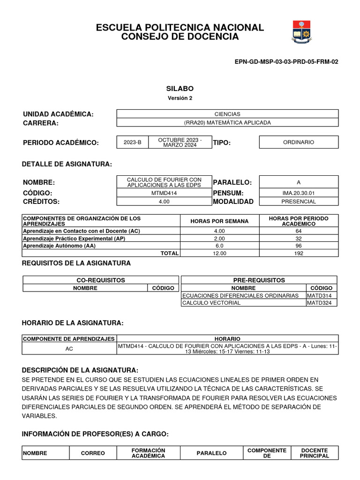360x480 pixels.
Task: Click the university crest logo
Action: pyautogui.click(x=301, y=31)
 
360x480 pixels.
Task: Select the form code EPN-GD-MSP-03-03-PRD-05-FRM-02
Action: pyautogui.click(x=286, y=61)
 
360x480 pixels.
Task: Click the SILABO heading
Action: pyautogui.click(x=180, y=89)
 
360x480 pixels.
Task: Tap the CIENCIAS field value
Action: pyautogui.click(x=227, y=114)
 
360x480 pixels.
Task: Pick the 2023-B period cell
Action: pyautogui.click(x=132, y=142)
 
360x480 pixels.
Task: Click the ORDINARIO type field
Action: pyautogui.click(x=299, y=142)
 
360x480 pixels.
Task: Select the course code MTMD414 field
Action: pyautogui.click(x=164, y=193)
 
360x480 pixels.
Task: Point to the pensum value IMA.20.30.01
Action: pyautogui.click(x=299, y=193)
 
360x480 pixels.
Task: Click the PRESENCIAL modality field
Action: pyautogui.click(x=299, y=202)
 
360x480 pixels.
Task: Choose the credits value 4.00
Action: pyautogui.click(x=164, y=202)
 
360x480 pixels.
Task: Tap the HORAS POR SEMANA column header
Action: pyautogui.click(x=219, y=221)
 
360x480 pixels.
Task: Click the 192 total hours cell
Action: pyautogui.click(x=299, y=253)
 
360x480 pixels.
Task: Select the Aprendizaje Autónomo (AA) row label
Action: pyautogui.click(x=60, y=246)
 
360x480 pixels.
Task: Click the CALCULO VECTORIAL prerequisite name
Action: pyautogui.click(x=211, y=303)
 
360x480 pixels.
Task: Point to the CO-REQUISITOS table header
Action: pyautogui.click(x=101, y=280)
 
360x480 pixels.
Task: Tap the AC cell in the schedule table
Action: pyautogui.click(x=69, y=349)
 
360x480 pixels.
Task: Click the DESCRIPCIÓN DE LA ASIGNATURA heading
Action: pyautogui.click(x=80, y=370)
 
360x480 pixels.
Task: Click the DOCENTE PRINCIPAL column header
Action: pyautogui.click(x=315, y=453)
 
